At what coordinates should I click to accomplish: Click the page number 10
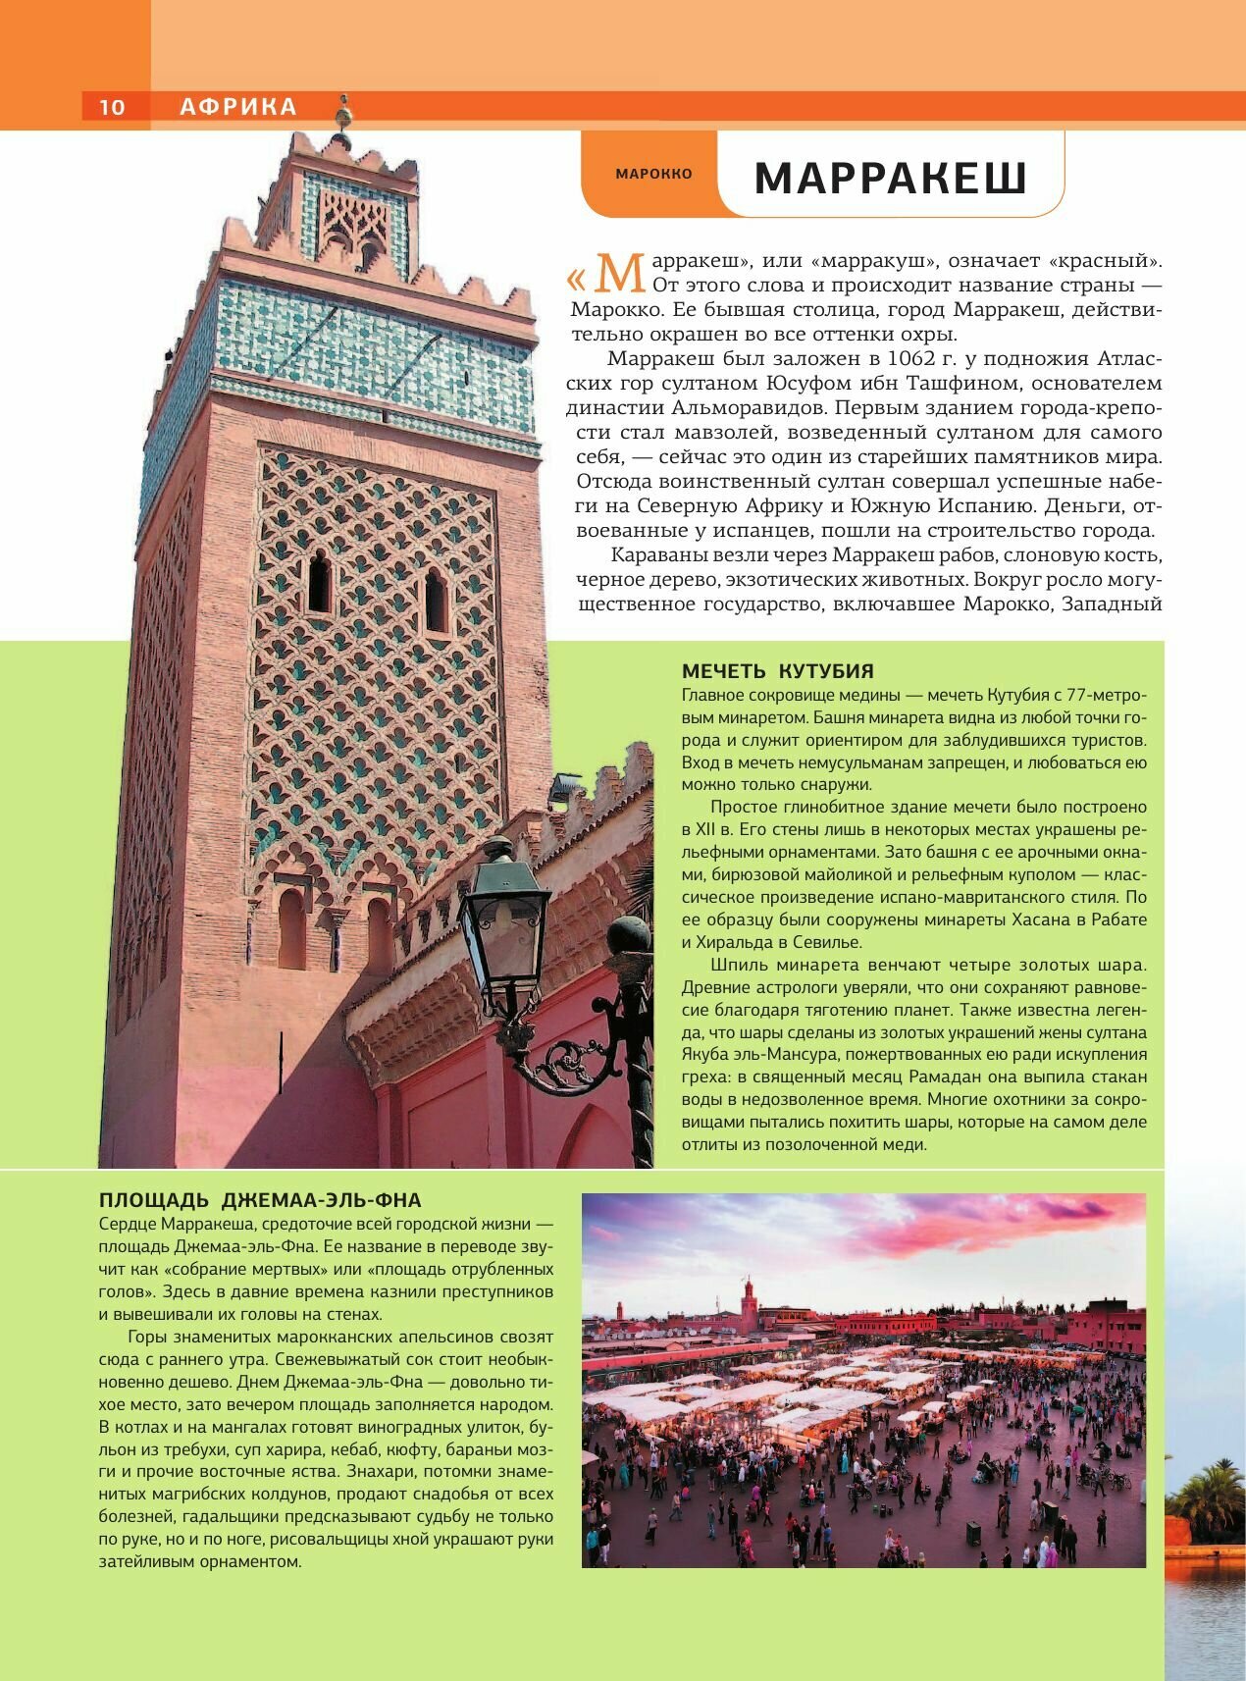[x=112, y=107]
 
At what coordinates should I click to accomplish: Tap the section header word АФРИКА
[x=238, y=107]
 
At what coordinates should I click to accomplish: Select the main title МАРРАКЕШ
[x=891, y=179]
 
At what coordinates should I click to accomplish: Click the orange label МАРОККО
[x=653, y=174]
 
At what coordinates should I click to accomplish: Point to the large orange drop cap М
[x=619, y=274]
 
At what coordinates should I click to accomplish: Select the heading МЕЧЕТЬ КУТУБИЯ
[x=777, y=671]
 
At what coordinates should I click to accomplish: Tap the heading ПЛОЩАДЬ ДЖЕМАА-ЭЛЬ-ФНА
[x=260, y=1200]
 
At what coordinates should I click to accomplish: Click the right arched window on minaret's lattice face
[x=435, y=601]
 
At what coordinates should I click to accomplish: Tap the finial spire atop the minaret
[x=343, y=115]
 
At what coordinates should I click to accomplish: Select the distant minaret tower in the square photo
[x=750, y=1300]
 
